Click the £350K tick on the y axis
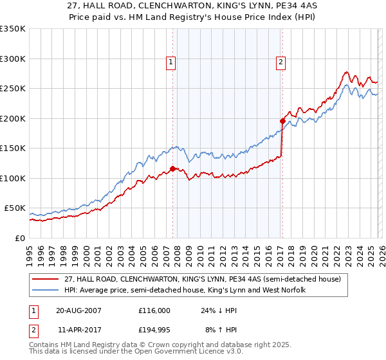[13, 29]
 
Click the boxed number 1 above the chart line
[171, 62]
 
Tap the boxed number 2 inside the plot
[281, 62]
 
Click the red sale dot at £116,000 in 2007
[172, 169]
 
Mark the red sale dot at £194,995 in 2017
[282, 121]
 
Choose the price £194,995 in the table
[155, 331]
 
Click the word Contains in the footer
[46, 345]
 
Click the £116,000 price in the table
[155, 310]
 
